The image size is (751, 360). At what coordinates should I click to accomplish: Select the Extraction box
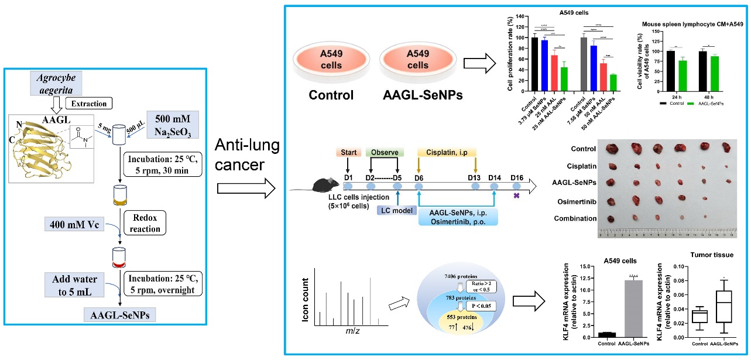pyautogui.click(x=90, y=104)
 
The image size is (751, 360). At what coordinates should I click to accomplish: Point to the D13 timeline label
pyautogui.click(x=475, y=177)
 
